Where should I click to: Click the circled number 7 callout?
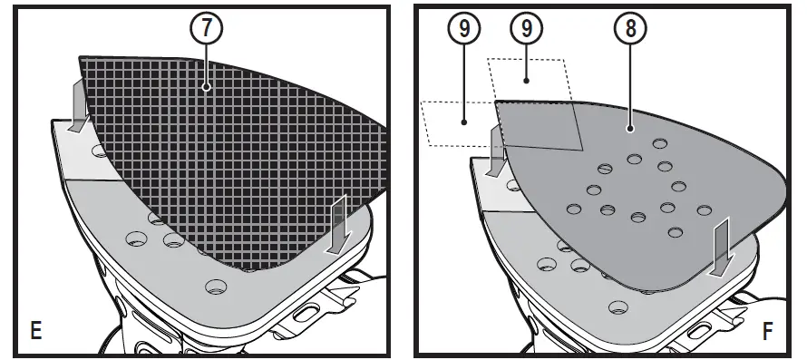coord(207,28)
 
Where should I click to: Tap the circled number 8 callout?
coord(630,28)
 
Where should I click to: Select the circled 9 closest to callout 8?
coord(525,28)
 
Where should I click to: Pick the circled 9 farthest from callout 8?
coord(463,28)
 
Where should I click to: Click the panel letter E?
coord(35,330)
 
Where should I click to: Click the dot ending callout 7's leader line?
coord(207,88)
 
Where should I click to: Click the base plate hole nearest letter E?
coord(216,287)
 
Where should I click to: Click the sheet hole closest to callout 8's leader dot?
coord(659,143)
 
